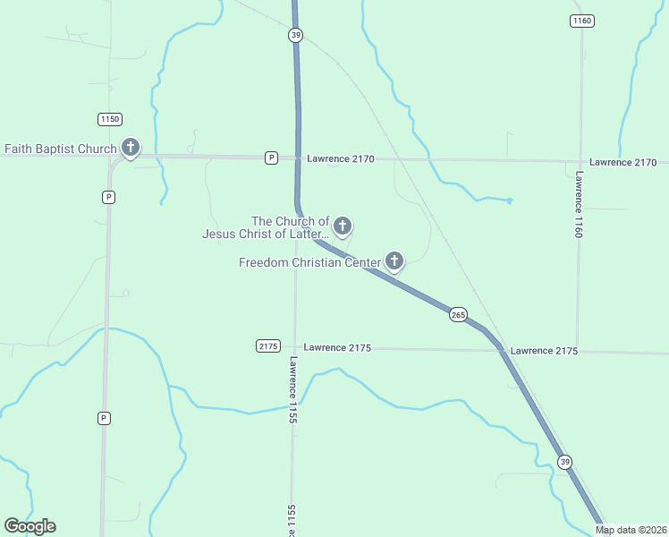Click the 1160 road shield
tap(582, 21)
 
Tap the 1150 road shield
tap(110, 119)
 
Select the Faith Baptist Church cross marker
tap(131, 148)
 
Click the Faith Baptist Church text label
tap(61, 149)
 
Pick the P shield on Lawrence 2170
tap(271, 158)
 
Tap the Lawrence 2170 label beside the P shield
tap(341, 158)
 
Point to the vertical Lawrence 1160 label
tap(580, 204)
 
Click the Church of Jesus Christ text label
tap(266, 227)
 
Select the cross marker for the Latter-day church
tap(342, 226)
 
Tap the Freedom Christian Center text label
tap(310, 262)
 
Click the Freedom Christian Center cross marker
tap(394, 261)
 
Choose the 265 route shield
tap(458, 314)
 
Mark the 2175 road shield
tap(268, 345)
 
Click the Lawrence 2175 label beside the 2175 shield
tap(337, 347)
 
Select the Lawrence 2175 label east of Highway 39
tap(544, 351)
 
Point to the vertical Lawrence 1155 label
tap(292, 390)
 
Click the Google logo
tap(30, 526)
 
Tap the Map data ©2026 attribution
tap(631, 530)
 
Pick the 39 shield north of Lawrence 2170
tap(296, 35)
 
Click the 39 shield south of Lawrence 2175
tap(564, 461)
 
